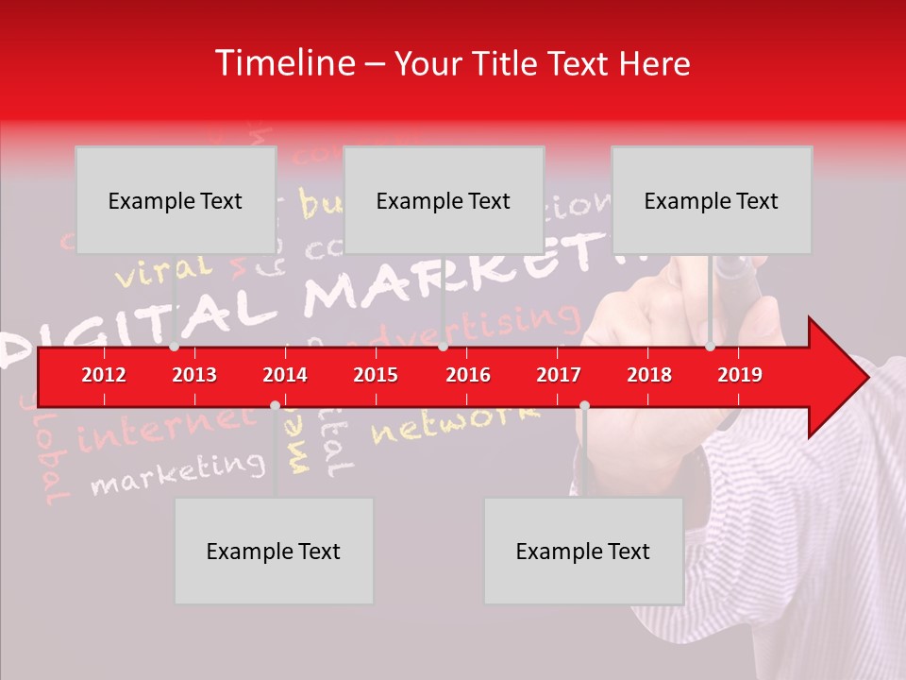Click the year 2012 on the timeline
coord(104,375)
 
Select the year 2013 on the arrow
coord(194,375)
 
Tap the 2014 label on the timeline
coord(285,375)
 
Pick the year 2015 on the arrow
coord(376,375)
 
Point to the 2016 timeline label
coord(468,375)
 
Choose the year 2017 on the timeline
coord(559,375)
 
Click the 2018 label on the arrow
coord(649,375)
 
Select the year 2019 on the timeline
coord(740,375)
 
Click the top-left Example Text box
coord(176,200)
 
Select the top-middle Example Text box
coord(444,200)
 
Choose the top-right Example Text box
coord(712,200)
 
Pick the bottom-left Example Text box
coord(274,551)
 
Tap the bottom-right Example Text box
coord(583,551)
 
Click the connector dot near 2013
coord(174,347)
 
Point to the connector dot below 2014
coord(275,405)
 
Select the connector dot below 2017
coord(584,405)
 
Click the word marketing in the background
coord(177,472)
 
